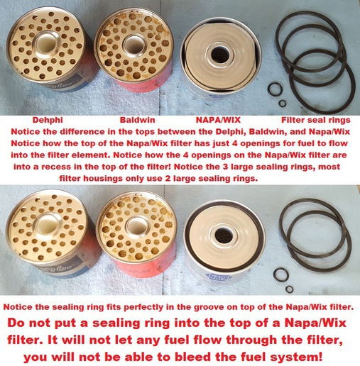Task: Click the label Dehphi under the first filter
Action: (48, 120)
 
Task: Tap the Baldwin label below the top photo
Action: (137, 120)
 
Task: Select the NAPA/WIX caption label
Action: (218, 120)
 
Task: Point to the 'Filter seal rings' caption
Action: (316, 120)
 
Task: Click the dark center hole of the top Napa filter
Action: (220, 55)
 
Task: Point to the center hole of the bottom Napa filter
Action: (223, 235)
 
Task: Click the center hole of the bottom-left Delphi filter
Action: (48, 224)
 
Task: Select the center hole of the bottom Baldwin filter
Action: (138, 225)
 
